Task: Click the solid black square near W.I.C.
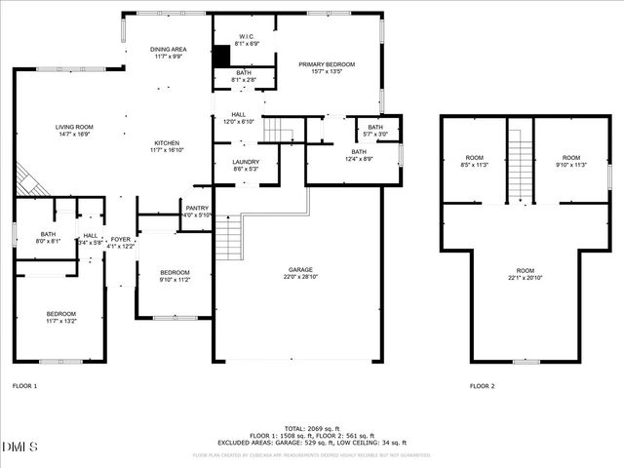(221, 55)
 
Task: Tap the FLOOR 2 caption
(482, 386)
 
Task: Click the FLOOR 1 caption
(24, 386)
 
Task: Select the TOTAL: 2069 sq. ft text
(311, 428)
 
